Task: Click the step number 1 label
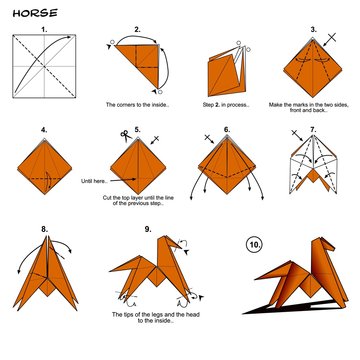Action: (x=42, y=31)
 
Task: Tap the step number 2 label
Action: (x=137, y=31)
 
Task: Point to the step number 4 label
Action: (x=44, y=129)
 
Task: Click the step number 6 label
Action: (x=227, y=129)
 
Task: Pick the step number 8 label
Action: (x=44, y=229)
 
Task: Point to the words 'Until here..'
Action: (x=95, y=182)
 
